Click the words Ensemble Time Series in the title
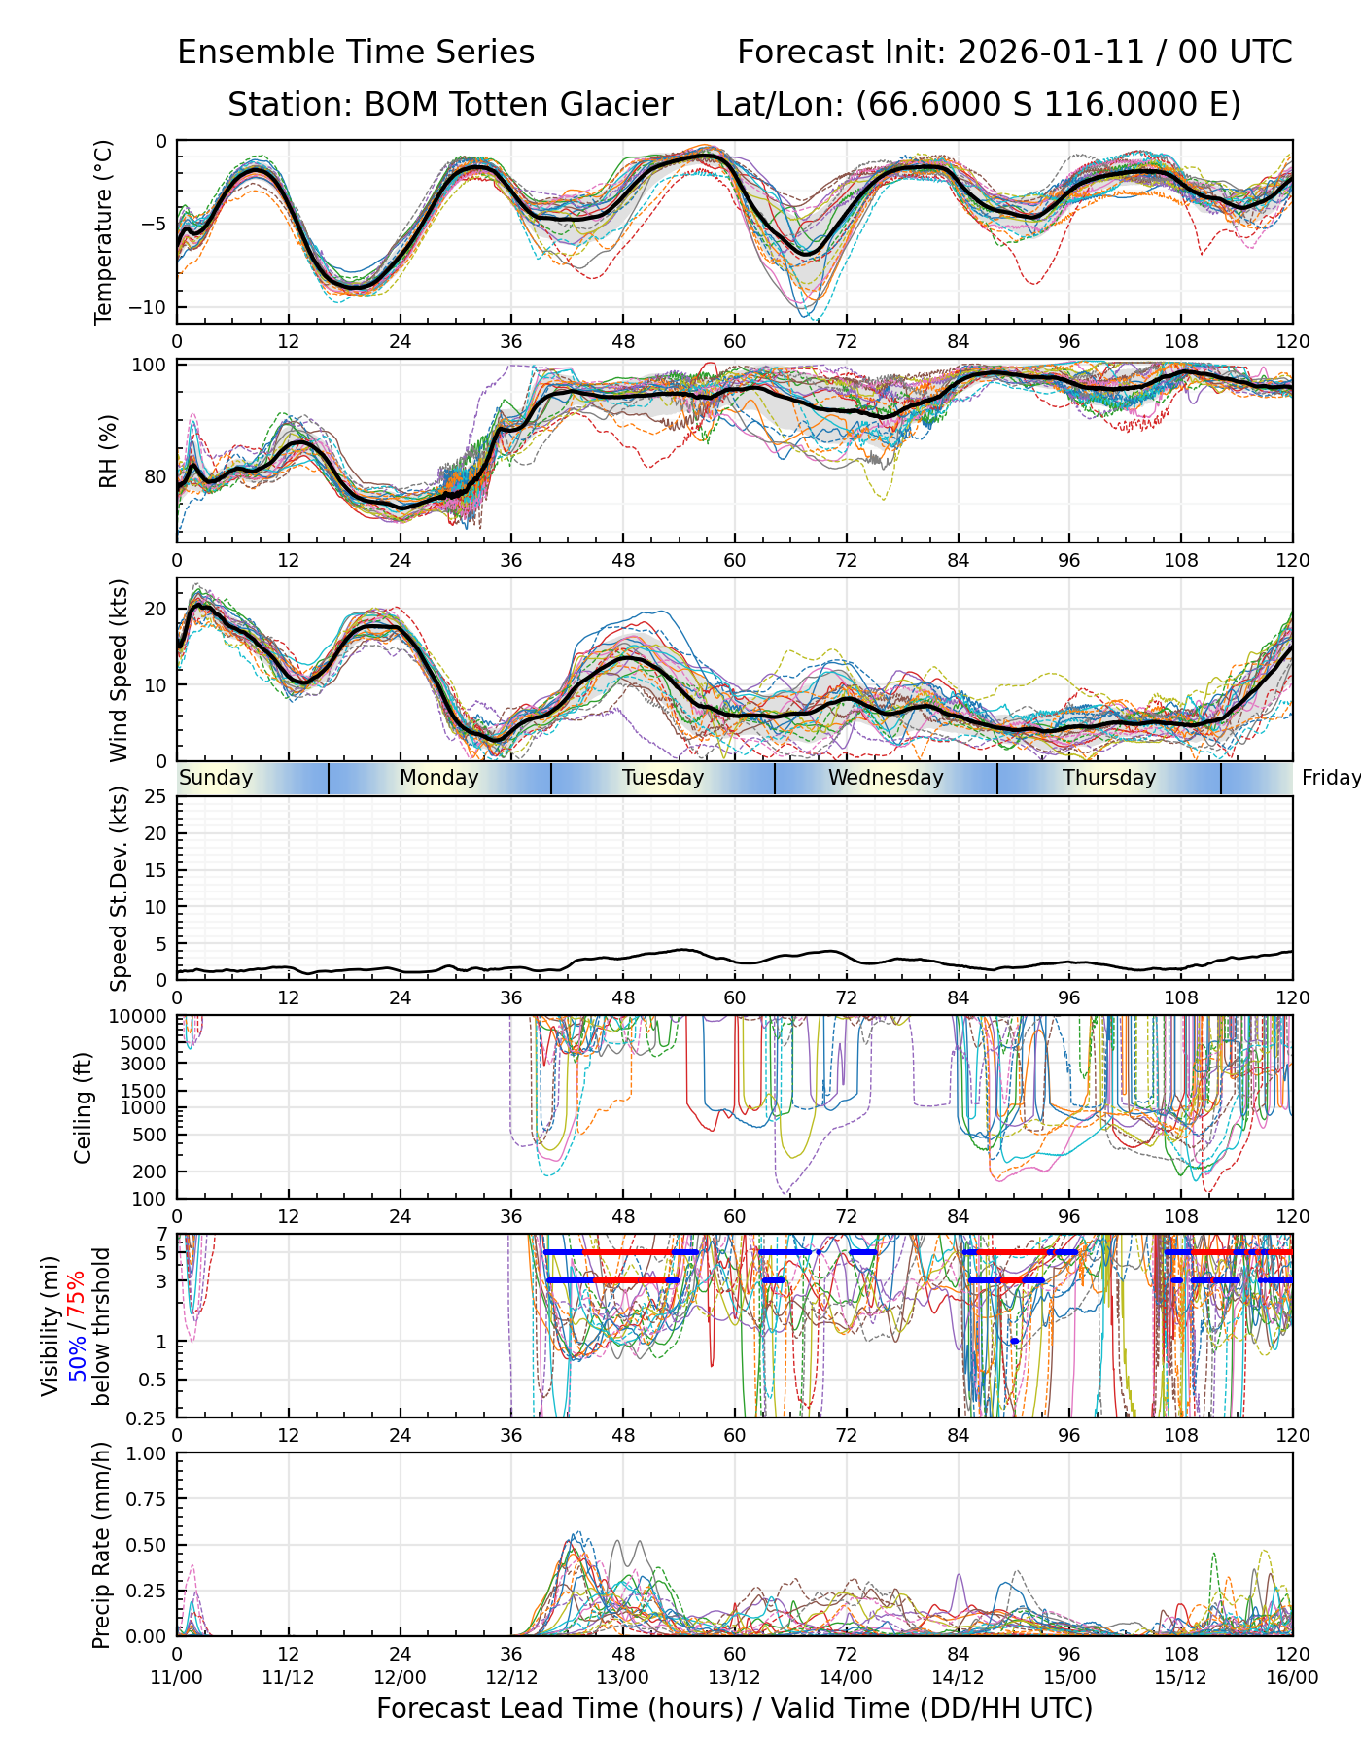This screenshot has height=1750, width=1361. tap(356, 52)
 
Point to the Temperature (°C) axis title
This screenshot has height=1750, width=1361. tap(104, 231)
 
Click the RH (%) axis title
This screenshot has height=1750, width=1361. tap(108, 451)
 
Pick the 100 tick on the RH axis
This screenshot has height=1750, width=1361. tap(154, 366)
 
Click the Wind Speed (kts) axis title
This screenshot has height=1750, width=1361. tap(119, 670)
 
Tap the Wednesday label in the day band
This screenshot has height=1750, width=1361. tap(885, 778)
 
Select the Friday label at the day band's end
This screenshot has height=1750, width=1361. tap(1330, 778)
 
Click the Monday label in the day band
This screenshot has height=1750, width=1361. tap(439, 778)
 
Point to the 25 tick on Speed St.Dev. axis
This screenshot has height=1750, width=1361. tap(156, 797)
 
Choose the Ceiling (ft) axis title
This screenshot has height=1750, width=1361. tap(84, 1107)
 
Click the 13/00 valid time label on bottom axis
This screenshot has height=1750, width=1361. tap(623, 1678)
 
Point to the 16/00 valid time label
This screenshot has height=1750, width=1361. tap(1292, 1678)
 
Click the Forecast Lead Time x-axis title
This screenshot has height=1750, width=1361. tap(734, 1709)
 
